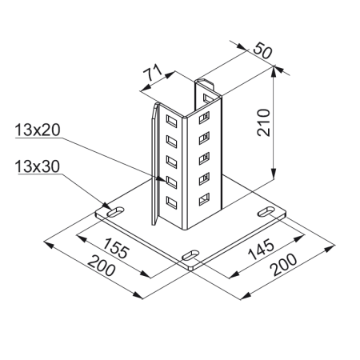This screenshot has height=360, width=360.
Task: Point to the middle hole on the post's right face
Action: point(204,156)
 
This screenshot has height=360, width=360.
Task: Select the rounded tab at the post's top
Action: point(204,83)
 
